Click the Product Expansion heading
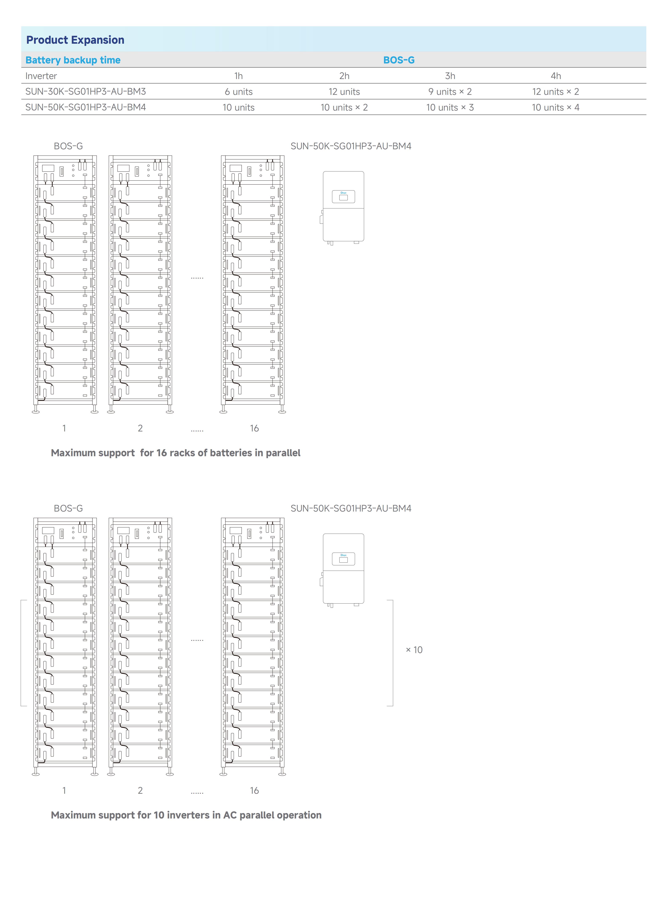[75, 40]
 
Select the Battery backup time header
[73, 60]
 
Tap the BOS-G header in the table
[399, 60]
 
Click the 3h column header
[450, 76]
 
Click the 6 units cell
[239, 92]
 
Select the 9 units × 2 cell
[450, 92]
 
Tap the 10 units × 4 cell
[556, 107]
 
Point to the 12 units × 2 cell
[556, 92]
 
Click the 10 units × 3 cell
[450, 107]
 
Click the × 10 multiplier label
[414, 650]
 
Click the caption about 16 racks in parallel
[175, 453]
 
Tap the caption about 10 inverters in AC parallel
[186, 815]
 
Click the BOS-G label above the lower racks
[68, 508]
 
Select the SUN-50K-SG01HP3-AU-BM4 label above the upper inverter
[351, 146]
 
